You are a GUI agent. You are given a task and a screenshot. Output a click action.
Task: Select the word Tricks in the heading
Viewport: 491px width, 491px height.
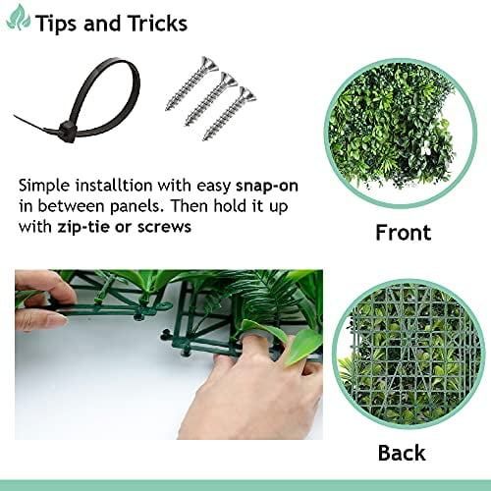tap(152, 23)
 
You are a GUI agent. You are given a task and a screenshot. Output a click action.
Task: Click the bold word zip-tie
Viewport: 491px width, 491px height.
tap(91, 227)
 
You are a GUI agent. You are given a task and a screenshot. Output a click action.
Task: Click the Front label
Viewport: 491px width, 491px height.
tap(403, 233)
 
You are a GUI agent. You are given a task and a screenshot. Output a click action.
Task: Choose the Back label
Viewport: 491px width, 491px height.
tap(402, 453)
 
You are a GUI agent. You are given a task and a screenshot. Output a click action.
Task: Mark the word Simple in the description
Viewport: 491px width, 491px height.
tap(44, 185)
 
